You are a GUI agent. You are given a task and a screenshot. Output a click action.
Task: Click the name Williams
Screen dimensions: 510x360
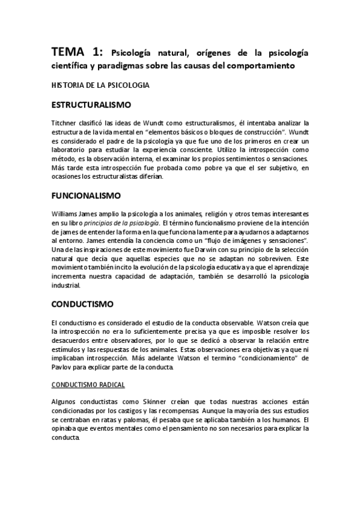tap(64, 214)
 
